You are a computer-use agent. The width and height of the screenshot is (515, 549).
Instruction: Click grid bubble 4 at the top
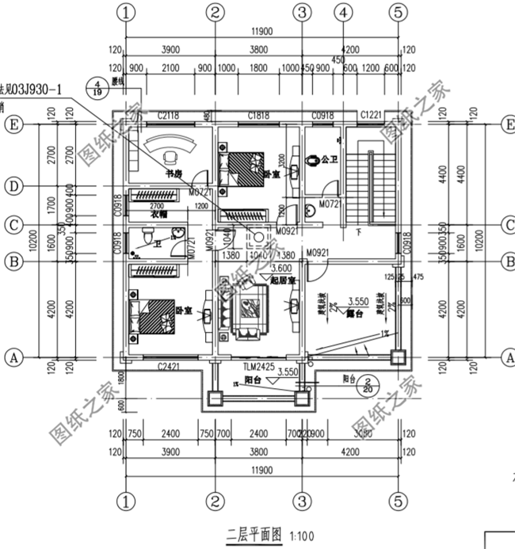click(342, 12)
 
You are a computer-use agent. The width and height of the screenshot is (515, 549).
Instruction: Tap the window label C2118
click(169, 116)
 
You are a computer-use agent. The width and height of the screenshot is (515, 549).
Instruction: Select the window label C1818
click(258, 116)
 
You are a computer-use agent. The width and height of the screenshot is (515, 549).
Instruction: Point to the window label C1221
click(371, 116)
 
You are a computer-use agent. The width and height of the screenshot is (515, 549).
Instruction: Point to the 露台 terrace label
click(355, 314)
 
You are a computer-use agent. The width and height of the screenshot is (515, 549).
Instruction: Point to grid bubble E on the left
click(12, 125)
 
